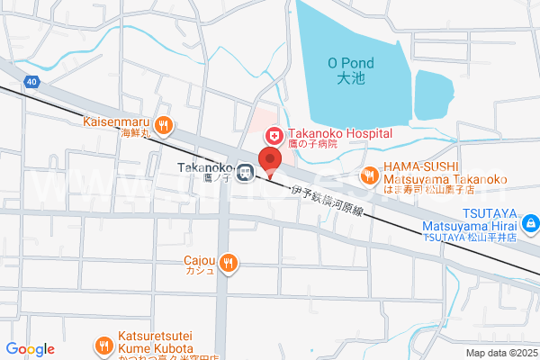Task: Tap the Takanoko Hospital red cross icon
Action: (x=271, y=134)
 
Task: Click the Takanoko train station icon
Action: (x=244, y=170)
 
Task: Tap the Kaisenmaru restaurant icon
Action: (x=163, y=125)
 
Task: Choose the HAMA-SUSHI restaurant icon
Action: (x=368, y=175)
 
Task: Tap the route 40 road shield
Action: (x=32, y=82)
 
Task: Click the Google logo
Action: (x=30, y=348)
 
